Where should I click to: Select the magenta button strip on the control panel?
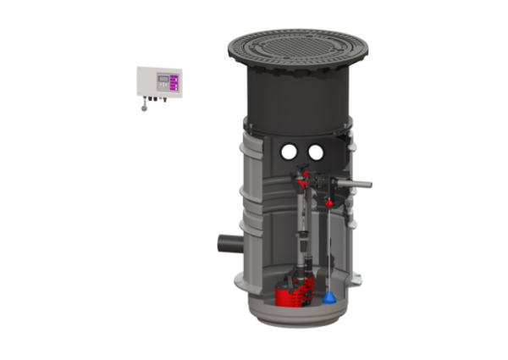click(x=174, y=82)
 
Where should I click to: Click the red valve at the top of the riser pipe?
click(x=304, y=180)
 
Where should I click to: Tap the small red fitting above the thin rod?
click(x=327, y=202)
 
